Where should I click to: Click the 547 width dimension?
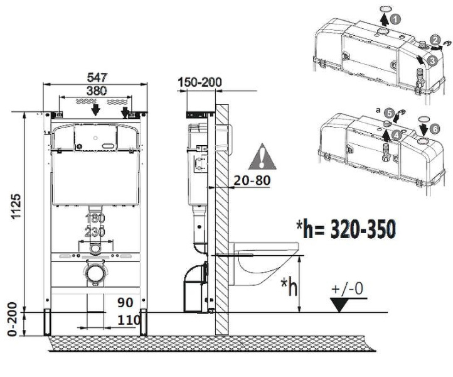click(x=97, y=77)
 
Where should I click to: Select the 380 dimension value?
click(x=97, y=91)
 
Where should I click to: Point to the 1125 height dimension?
click(x=16, y=206)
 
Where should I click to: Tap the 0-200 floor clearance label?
click(x=13, y=319)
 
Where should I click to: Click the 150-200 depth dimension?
click(x=200, y=82)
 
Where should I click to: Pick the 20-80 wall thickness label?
click(x=252, y=180)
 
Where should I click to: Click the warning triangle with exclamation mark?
click(x=262, y=156)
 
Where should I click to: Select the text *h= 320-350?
click(x=346, y=229)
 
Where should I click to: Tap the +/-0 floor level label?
click(x=348, y=289)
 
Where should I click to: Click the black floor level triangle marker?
click(x=341, y=305)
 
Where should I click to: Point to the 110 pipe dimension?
click(x=129, y=320)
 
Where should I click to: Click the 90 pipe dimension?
click(x=125, y=303)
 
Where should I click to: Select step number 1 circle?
click(x=395, y=19)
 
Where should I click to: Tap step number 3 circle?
click(x=432, y=61)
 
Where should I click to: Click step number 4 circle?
click(x=397, y=134)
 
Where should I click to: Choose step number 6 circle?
click(x=435, y=129)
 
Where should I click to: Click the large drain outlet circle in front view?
click(x=95, y=272)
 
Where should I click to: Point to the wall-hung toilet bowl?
click(x=263, y=263)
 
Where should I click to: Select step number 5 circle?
click(x=390, y=113)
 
